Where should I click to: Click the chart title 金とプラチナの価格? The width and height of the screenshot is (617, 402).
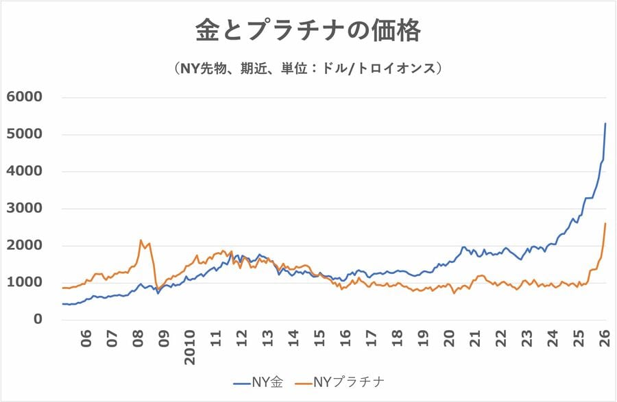(x=308, y=31)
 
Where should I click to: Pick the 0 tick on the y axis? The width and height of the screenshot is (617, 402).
(x=38, y=319)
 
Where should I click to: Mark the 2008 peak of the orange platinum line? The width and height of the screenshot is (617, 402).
(x=141, y=240)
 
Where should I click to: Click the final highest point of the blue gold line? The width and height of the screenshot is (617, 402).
(x=605, y=124)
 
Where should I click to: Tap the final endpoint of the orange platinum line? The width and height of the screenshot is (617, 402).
(x=605, y=223)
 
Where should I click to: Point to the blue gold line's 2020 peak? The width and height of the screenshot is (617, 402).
(x=464, y=247)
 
